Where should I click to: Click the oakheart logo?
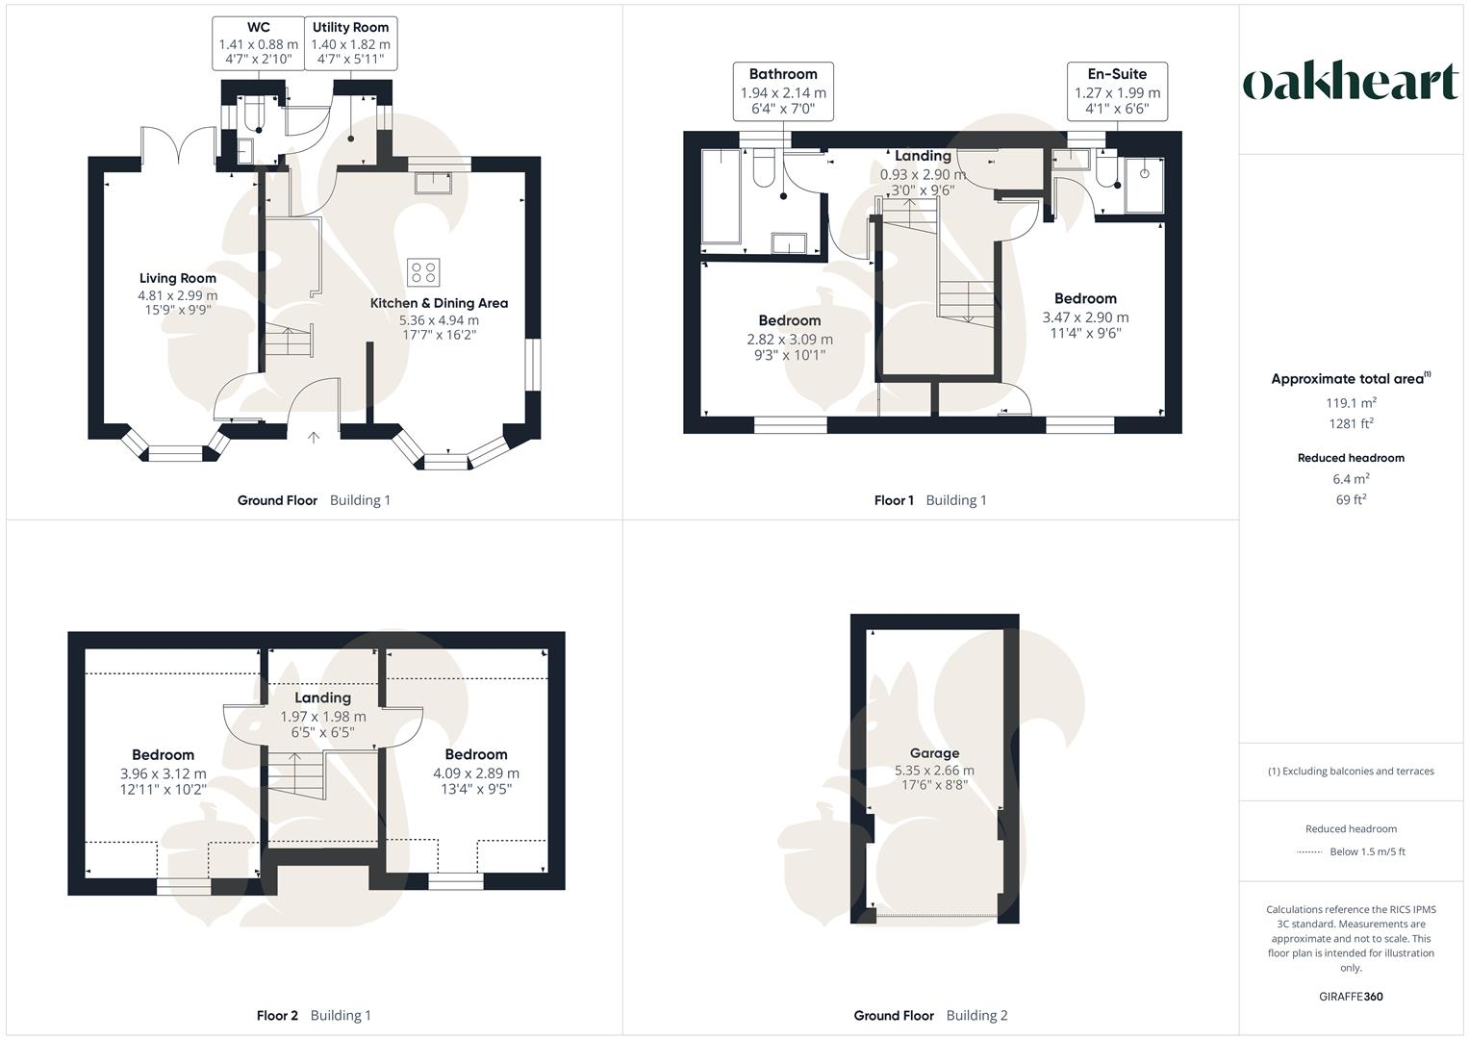pyautogui.click(x=1351, y=83)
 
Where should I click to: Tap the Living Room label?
pyautogui.click(x=178, y=278)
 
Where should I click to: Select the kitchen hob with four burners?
pyautogui.click(x=423, y=272)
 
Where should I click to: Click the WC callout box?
pyautogui.click(x=258, y=43)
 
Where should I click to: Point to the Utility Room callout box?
pyautogui.click(x=350, y=43)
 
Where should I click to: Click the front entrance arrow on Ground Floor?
pyautogui.click(x=314, y=438)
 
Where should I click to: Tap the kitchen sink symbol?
pyautogui.click(x=433, y=182)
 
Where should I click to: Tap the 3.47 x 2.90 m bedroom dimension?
pyautogui.click(x=1085, y=317)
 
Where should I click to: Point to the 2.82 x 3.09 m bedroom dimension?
pyautogui.click(x=790, y=339)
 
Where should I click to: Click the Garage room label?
pyautogui.click(x=934, y=753)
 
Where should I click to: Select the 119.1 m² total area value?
pyautogui.click(x=1351, y=403)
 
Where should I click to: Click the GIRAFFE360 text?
pyautogui.click(x=1351, y=996)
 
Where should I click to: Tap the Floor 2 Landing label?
pyautogui.click(x=322, y=697)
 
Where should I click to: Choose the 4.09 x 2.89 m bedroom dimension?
pyautogui.click(x=475, y=773)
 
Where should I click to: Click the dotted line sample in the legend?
pyautogui.click(x=1309, y=851)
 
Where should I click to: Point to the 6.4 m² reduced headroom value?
pyautogui.click(x=1351, y=478)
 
